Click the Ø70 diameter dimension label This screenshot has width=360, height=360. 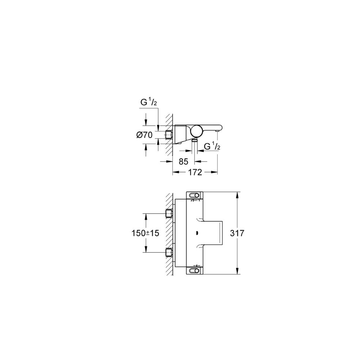tap(144, 135)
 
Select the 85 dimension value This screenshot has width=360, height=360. tap(184, 162)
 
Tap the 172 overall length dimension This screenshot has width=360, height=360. tap(195, 172)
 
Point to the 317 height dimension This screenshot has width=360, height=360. tap(237, 233)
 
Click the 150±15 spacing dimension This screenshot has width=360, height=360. tap(145, 233)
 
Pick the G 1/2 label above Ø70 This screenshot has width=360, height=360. tap(149, 102)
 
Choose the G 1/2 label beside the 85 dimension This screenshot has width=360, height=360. tap(212, 146)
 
